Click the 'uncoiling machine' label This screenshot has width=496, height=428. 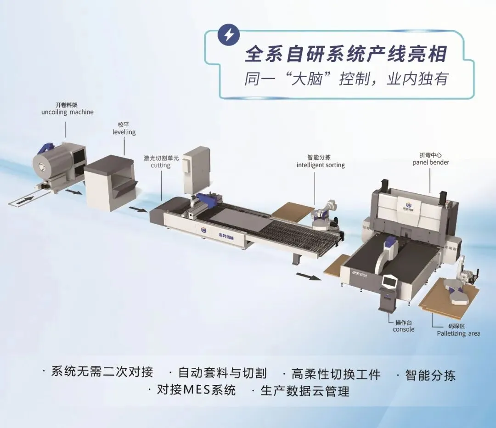coord(67,112)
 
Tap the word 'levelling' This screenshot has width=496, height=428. coord(124,132)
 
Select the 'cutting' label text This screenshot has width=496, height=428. coord(160,165)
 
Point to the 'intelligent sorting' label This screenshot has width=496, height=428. coord(320,165)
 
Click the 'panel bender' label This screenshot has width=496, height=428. coord(430,162)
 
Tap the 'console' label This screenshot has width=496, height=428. coord(403,329)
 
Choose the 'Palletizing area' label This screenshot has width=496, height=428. coord(458,333)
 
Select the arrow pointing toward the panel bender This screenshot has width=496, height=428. coord(308,276)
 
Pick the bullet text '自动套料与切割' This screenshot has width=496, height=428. coord(222,372)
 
